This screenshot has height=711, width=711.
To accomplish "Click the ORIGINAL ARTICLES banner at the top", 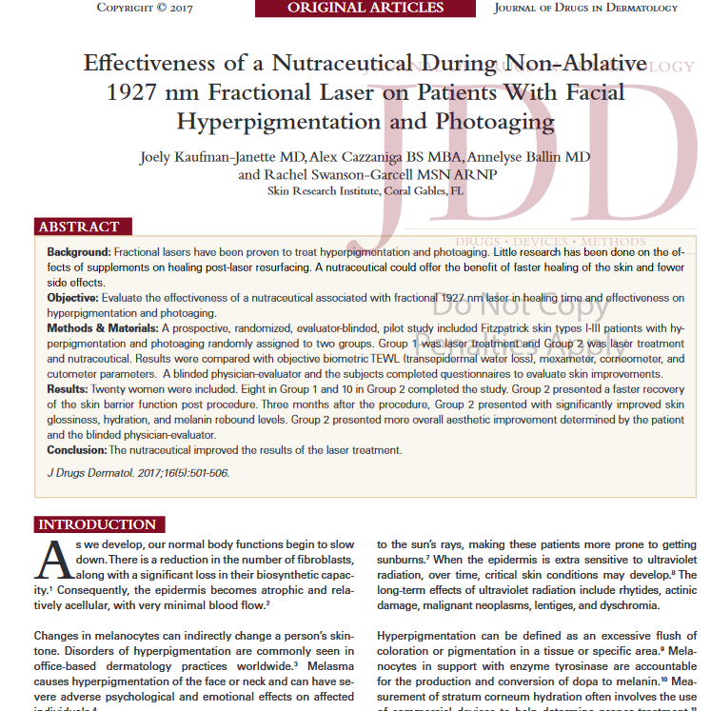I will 365,9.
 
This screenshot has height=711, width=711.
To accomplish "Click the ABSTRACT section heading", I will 79,227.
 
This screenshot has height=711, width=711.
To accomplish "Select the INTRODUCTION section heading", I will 97,524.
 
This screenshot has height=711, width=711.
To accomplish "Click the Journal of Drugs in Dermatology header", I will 585,9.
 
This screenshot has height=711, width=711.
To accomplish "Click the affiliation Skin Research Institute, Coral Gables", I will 365,190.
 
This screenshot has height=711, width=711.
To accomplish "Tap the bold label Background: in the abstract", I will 79,252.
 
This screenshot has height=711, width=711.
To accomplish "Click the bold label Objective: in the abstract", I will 72,298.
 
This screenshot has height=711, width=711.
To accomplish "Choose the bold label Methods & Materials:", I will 104,328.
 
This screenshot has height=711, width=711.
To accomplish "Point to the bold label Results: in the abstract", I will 68,390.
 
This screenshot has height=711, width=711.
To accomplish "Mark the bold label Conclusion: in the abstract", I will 77,450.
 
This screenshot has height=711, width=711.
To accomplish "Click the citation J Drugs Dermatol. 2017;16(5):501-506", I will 138,473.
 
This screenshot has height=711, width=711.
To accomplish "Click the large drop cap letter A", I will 54,563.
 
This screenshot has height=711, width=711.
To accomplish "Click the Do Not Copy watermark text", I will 520,306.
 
